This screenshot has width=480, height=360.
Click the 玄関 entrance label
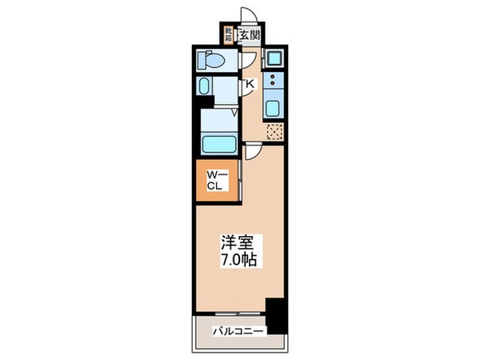coord(250,35)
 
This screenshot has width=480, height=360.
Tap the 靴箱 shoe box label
coord(229,34)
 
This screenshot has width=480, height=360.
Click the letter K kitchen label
coord(250,84)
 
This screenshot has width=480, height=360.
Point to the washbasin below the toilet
coord(205,87)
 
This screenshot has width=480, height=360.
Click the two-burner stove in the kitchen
coord(274,80)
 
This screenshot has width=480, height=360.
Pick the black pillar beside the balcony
coord(276,315)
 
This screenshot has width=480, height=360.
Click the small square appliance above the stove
coord(274,58)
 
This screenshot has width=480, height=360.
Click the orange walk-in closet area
coord(216,181)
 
